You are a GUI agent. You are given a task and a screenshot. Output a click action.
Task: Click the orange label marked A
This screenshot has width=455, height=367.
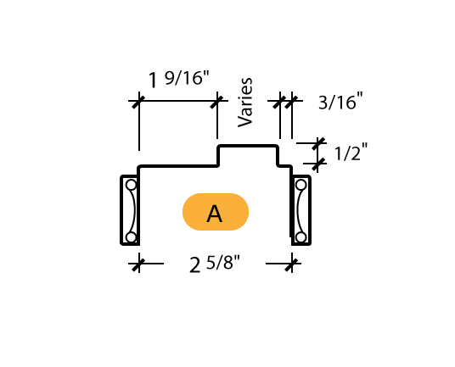click(x=216, y=212)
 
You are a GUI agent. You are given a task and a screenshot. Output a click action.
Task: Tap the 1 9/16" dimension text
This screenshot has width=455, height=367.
click(x=179, y=79)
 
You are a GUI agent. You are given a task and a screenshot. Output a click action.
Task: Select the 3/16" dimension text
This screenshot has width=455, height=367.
click(x=340, y=101)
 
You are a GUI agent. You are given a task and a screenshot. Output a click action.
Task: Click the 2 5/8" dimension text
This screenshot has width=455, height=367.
click(x=215, y=264)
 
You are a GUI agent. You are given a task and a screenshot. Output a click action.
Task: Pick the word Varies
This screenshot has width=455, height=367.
click(x=245, y=103)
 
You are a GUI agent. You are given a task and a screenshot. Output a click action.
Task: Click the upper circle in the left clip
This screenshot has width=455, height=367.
click(x=132, y=185)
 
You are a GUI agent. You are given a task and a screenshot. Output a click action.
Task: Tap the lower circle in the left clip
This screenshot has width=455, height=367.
click(x=132, y=237)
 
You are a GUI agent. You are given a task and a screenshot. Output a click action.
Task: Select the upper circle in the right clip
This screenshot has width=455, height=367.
click(x=301, y=185)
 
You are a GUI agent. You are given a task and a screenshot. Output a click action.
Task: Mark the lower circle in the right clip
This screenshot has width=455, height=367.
click(x=301, y=237)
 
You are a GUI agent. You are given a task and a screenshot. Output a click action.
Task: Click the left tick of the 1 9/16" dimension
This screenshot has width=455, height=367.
click(x=138, y=101)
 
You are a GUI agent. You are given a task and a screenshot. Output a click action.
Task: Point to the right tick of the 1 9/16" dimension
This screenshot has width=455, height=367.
click(x=216, y=101)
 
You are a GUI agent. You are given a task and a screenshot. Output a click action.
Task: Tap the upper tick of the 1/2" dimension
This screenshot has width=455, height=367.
click(x=317, y=143)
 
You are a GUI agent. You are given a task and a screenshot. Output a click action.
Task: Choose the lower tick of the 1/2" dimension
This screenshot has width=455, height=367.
click(x=317, y=164)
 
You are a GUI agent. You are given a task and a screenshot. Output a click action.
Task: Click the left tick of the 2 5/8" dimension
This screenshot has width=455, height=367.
click(x=138, y=264)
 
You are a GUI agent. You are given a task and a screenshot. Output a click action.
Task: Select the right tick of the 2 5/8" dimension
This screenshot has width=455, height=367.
click(x=292, y=264)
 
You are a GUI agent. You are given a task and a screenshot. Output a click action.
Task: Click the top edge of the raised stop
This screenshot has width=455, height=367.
click(x=248, y=146)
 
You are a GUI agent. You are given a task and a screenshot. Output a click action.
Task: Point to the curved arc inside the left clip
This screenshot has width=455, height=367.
click(x=133, y=211)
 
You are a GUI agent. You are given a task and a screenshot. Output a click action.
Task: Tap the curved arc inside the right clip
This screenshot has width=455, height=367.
click(x=299, y=211)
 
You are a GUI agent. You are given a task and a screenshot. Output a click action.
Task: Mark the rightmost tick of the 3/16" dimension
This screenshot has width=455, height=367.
click(x=291, y=101)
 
